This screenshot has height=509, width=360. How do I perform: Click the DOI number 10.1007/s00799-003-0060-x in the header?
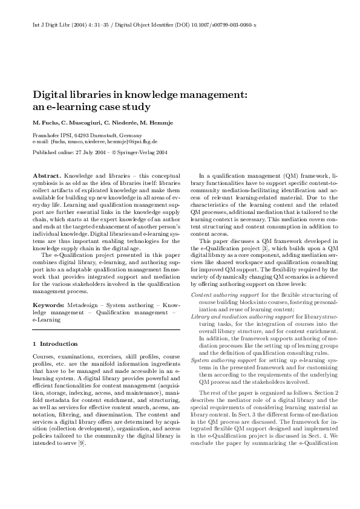coord(232,26)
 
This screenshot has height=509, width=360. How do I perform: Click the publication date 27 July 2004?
coord(90,154)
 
